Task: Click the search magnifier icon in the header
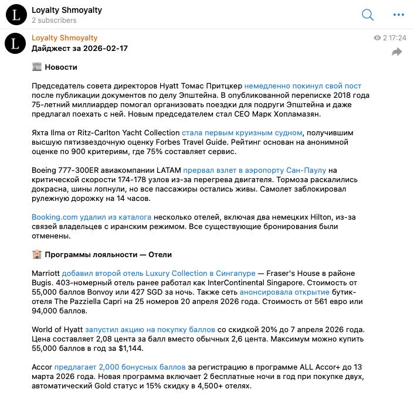click(368, 15)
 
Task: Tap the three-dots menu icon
click(398, 15)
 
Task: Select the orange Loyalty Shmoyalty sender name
click(65, 38)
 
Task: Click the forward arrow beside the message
click(397, 52)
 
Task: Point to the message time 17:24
click(397, 38)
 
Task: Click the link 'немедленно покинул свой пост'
click(303, 86)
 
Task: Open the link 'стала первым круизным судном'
click(242, 133)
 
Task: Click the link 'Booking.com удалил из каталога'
click(91, 217)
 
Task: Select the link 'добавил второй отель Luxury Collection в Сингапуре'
click(158, 274)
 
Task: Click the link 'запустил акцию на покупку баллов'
click(150, 330)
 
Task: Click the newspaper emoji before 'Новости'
click(37, 67)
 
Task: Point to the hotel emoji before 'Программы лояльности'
click(37, 255)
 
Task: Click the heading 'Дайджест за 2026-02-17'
click(80, 49)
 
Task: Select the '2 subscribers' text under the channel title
click(54, 21)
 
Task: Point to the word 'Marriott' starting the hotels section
click(45, 274)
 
